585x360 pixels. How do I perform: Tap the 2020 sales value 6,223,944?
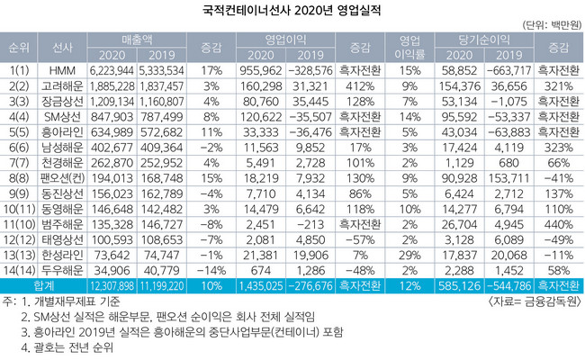[x=113, y=68]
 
